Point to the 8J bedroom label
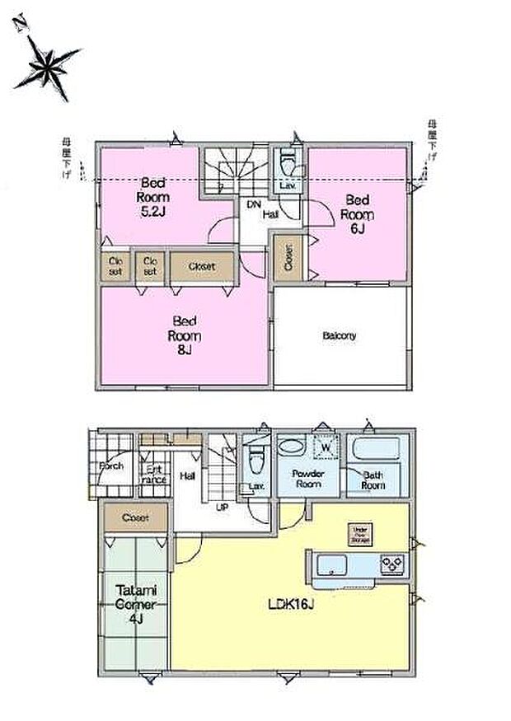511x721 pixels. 185,335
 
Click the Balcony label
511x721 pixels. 340,336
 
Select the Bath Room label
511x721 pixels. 373,480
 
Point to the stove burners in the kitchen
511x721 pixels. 392,564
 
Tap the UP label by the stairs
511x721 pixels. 222,507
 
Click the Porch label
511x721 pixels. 111,466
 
